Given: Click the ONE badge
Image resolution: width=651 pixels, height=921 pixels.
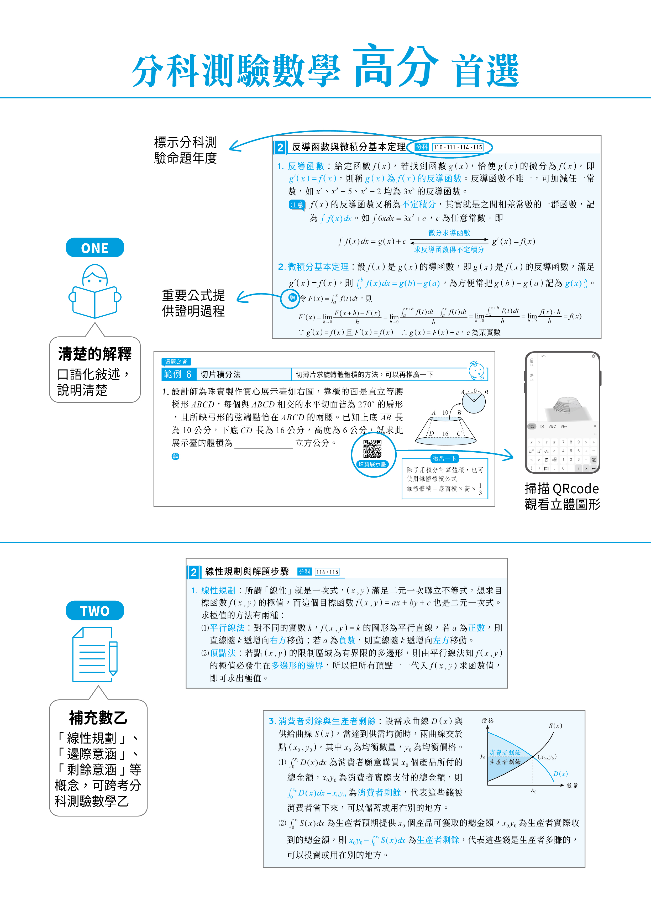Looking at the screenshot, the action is [x=95, y=248].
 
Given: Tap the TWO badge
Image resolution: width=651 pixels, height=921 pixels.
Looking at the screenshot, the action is [x=95, y=610].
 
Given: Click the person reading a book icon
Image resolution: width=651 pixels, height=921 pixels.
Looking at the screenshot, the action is [x=95, y=291].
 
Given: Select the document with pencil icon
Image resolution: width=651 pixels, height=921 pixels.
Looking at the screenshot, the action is [x=95, y=654].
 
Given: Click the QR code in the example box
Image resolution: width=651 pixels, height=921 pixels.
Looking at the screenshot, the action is [x=372, y=449].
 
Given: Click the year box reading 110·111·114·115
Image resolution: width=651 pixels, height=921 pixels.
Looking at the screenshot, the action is [x=458, y=147].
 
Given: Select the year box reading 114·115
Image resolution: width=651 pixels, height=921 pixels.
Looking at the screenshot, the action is [x=327, y=572].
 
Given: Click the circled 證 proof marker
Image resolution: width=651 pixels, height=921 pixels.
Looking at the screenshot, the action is [x=292, y=298].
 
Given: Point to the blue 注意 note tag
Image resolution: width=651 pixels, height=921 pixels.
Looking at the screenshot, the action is [x=297, y=205].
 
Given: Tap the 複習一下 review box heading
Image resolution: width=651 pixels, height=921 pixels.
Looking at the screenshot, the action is [x=444, y=458].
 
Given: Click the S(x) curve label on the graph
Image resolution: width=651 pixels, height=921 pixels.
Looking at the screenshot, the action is [x=555, y=726].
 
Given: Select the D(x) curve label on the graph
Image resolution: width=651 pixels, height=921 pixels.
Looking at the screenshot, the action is [x=560, y=774].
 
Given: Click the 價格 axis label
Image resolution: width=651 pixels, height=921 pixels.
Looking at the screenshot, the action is [x=488, y=720].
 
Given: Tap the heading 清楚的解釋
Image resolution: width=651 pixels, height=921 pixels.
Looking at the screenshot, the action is [x=95, y=354].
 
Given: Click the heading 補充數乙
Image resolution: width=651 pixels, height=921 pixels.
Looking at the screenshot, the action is [x=98, y=718].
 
